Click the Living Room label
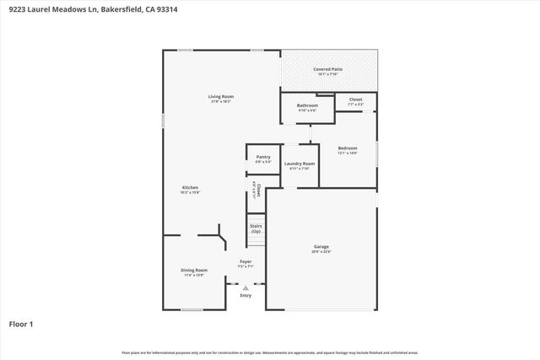pyautogui.click(x=221, y=97)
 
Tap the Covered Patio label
pyautogui.click(x=328, y=69)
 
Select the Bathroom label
pyautogui.click(x=307, y=105)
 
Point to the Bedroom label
pyautogui.click(x=348, y=148)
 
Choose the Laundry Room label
pyautogui.click(x=300, y=164)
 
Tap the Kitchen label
pyautogui.click(x=191, y=187)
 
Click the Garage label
pyautogui.click(x=321, y=246)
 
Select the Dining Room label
pyautogui.click(x=194, y=270)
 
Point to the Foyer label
pyautogui.click(x=246, y=261)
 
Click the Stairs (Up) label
pyautogui.click(x=256, y=228)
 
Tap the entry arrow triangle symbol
pyautogui.click(x=246, y=287)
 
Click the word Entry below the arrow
pyautogui.click(x=246, y=295)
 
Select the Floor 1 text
pyautogui.click(x=20, y=324)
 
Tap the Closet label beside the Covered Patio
pyautogui.click(x=355, y=99)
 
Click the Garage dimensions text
pyautogui.click(x=321, y=251)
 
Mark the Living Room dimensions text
pyautogui.click(x=221, y=102)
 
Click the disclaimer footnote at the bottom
pyautogui.click(x=269, y=352)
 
